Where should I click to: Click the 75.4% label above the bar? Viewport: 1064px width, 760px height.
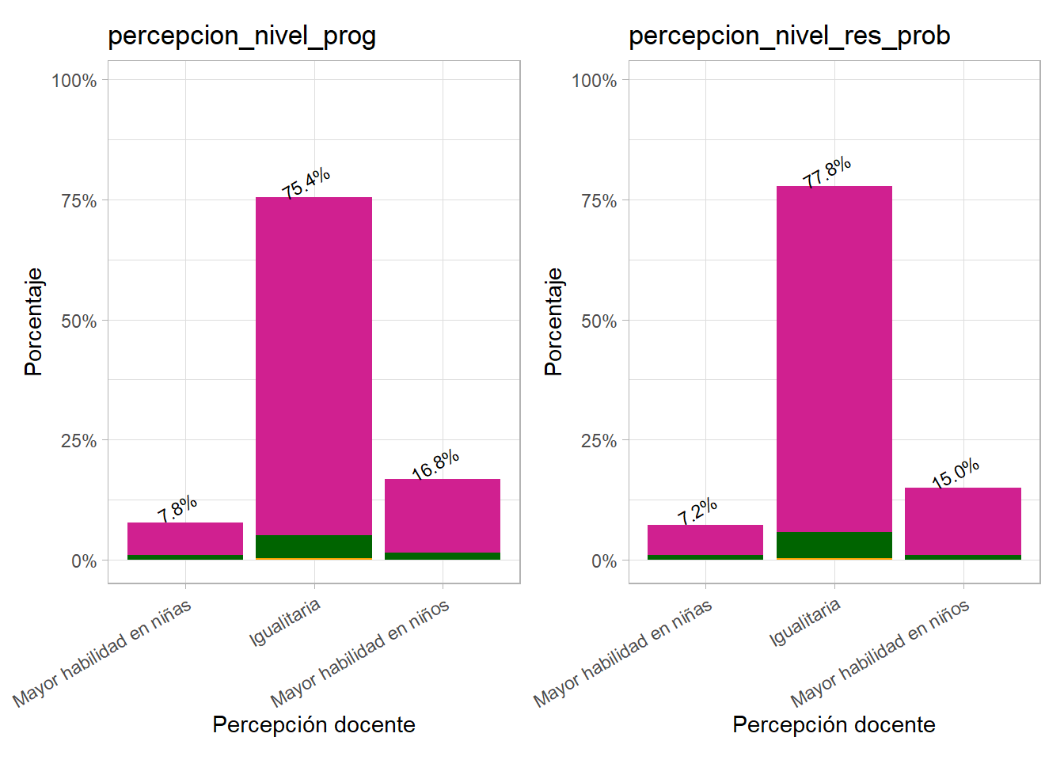point(306,183)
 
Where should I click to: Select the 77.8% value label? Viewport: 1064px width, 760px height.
point(827,172)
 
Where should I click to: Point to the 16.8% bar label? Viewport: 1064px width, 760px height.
point(435,465)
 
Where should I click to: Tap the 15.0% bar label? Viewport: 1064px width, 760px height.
point(956,473)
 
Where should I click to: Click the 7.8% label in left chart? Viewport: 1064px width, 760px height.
point(177,509)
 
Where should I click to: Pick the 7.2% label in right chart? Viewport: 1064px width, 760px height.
point(697,511)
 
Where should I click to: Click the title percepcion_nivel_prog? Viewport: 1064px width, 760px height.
point(241,36)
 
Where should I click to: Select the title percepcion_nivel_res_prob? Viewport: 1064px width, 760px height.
point(788,36)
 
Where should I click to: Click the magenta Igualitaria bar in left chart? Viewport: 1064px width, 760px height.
point(313,364)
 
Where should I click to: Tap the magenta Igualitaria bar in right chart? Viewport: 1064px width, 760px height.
point(834,356)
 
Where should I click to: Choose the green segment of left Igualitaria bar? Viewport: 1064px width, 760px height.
point(313,546)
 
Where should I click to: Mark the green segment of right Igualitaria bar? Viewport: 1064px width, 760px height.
point(834,545)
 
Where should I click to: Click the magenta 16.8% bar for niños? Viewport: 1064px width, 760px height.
point(443,515)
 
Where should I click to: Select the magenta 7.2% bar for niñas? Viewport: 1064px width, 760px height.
point(705,540)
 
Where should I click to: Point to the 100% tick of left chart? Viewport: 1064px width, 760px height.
point(74,81)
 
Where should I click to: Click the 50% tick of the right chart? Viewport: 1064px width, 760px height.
point(598,321)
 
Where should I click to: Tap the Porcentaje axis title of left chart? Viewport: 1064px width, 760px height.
point(33,321)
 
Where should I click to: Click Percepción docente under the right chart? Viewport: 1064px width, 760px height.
point(834,724)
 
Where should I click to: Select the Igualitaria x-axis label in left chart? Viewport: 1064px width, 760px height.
point(285,622)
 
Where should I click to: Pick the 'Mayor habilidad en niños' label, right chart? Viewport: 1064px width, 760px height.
point(880,653)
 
